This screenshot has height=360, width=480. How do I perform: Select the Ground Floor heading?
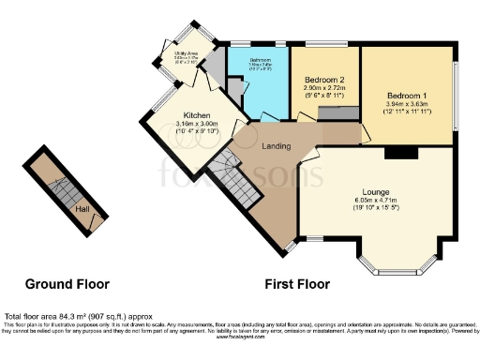click(x=67, y=284)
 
